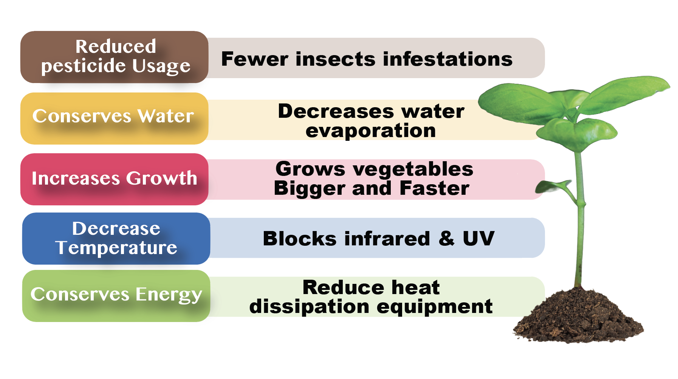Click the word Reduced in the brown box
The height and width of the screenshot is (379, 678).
click(x=116, y=46)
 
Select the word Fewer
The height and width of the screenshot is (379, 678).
click(x=255, y=59)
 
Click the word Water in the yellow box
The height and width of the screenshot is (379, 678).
click(x=166, y=116)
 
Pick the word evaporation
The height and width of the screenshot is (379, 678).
click(x=371, y=131)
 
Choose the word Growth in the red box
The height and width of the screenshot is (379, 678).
click(x=161, y=178)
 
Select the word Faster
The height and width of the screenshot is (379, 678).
click(x=434, y=188)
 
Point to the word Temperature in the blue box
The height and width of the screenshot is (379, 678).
click(x=116, y=248)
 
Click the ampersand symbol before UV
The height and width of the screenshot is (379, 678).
click(x=447, y=239)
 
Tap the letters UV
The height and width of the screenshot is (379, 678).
click(x=478, y=239)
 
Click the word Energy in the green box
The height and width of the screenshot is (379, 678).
click(x=169, y=295)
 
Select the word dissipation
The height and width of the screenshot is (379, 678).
click(x=309, y=307)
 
